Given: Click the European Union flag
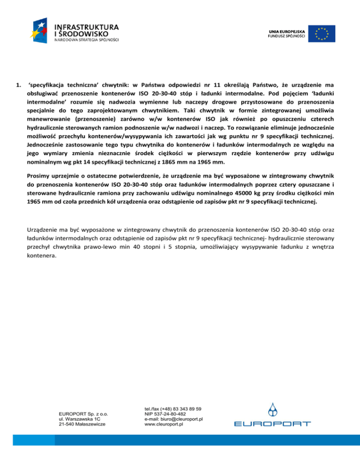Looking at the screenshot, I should (x=322, y=33).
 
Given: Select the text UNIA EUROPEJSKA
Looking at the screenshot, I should (x=286, y=30).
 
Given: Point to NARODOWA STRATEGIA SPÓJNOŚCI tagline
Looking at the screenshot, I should (x=87, y=40).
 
